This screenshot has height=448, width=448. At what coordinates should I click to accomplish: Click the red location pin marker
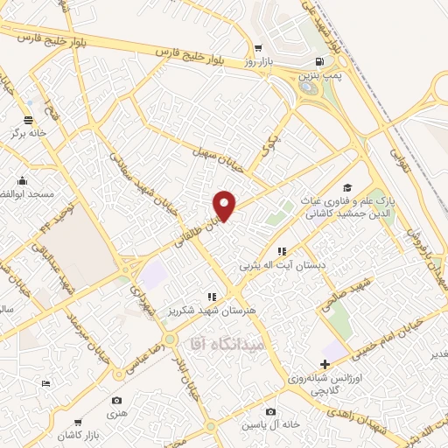point(225,205)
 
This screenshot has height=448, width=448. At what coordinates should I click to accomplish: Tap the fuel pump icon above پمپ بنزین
point(318,62)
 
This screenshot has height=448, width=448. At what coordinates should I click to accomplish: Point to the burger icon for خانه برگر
point(28,119)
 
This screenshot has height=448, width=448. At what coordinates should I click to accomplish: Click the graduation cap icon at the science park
point(347,188)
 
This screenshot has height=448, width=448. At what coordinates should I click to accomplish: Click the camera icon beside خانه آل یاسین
point(270,412)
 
